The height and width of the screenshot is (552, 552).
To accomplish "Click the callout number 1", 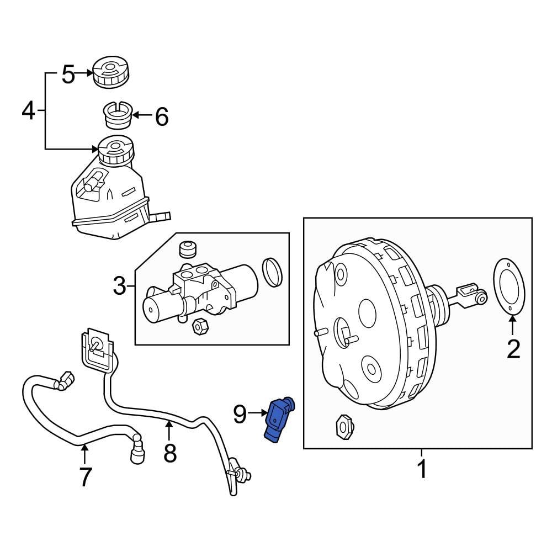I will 421,469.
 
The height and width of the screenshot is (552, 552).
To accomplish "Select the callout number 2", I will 513,349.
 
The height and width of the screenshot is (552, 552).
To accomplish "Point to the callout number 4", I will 28,111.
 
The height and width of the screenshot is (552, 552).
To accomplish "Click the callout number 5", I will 68,75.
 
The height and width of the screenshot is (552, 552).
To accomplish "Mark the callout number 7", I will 84,476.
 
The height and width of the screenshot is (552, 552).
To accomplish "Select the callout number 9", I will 239,413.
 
